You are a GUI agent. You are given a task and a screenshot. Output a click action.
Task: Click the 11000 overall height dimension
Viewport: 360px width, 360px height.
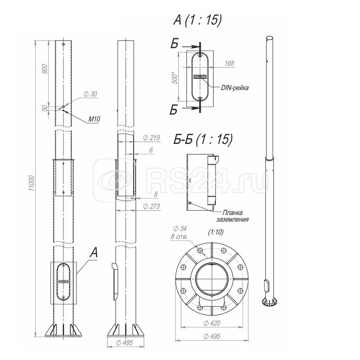[31, 183]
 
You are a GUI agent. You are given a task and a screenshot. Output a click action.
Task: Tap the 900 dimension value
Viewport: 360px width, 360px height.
[45, 69]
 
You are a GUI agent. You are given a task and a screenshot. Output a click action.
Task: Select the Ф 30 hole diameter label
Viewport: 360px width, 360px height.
[90, 94]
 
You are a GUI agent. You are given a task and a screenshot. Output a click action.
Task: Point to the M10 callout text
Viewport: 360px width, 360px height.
[94, 119]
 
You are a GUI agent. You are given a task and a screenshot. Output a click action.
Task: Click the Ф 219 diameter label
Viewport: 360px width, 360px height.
[151, 138]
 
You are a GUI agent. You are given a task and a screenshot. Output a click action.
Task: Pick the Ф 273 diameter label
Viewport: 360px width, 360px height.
[151, 207]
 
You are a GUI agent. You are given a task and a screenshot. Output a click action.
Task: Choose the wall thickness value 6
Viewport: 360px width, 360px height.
[151, 150]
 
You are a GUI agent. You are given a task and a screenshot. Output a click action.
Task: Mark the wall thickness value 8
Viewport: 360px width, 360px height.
[156, 194]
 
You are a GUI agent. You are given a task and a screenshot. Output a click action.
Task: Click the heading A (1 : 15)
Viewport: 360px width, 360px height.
[198, 20]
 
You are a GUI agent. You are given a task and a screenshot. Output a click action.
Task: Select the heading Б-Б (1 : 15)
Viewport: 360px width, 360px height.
[203, 139]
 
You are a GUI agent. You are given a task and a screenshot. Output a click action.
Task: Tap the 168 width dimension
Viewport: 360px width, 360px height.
[229, 63]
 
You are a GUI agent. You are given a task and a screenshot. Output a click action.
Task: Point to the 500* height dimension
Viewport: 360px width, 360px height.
[175, 78]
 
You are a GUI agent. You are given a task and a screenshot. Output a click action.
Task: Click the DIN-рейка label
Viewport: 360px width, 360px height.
[234, 88]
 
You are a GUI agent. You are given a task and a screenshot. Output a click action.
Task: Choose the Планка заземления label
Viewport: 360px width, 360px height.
[233, 216]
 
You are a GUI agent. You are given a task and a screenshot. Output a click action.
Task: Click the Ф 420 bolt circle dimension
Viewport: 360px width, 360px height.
[211, 323]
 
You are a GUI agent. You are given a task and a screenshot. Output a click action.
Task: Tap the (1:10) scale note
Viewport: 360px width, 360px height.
[216, 232]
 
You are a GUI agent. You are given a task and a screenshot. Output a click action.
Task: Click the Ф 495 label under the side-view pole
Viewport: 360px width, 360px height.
[125, 343]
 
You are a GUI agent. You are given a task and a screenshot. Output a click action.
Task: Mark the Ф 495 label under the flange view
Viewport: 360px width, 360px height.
[211, 336]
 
